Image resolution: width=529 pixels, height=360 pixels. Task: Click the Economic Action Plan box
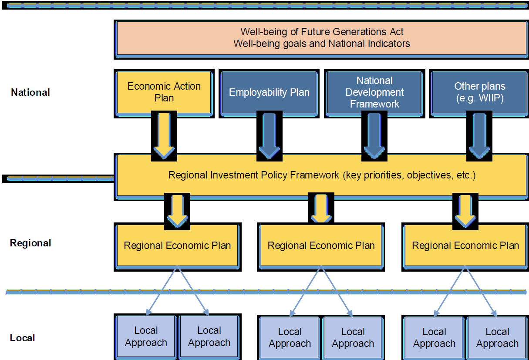tap(164, 92)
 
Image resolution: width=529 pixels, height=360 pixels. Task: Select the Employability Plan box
tap(269, 92)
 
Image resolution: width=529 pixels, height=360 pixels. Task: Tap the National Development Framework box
tap(374, 92)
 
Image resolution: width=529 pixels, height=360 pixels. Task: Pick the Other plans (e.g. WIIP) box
tap(480, 92)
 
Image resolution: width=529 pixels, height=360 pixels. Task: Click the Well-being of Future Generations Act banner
tap(321, 38)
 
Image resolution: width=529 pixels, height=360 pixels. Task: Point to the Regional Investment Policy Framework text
tap(321, 175)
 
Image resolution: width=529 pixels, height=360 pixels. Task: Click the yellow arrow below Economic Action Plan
tap(164, 135)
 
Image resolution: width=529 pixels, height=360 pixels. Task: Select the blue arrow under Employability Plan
tap(269, 135)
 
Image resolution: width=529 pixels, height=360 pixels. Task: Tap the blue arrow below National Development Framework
tap(374, 135)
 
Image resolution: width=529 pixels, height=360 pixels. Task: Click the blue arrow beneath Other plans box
tap(479, 135)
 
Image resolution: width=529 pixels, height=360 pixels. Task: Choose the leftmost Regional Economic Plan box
tap(177, 246)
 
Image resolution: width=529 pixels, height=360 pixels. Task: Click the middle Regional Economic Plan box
tap(321, 246)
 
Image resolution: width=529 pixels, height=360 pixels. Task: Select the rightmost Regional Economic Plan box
tap(465, 246)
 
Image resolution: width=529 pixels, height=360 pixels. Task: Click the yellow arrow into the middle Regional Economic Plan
tap(321, 208)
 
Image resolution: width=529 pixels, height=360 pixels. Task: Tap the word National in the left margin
tap(30, 92)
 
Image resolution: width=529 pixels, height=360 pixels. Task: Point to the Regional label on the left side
tap(30, 243)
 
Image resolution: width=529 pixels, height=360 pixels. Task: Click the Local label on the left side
tap(23, 338)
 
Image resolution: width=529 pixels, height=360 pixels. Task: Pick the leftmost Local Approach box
tap(146, 336)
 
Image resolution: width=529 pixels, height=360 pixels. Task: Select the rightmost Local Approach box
tap(497, 338)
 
